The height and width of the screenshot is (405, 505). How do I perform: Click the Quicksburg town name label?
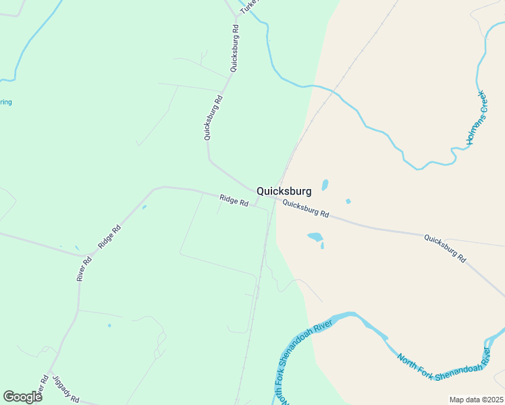[284, 191]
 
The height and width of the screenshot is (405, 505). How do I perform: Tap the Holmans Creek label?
[476, 118]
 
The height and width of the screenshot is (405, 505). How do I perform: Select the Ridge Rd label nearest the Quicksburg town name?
[234, 200]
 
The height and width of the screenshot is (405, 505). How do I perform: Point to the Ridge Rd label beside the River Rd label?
[109, 237]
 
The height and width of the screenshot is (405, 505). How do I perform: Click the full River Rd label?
[84, 268]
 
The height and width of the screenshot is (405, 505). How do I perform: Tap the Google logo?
[22, 396]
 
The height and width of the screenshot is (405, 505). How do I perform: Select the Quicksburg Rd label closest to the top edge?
[234, 49]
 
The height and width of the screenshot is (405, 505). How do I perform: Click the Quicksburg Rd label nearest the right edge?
[444, 248]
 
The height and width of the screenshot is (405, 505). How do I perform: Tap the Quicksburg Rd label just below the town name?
[305, 209]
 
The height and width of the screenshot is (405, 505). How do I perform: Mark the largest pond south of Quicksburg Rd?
[315, 237]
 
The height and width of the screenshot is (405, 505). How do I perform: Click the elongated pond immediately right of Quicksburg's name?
[325, 185]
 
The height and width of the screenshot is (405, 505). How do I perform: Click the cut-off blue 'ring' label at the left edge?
[5, 103]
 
